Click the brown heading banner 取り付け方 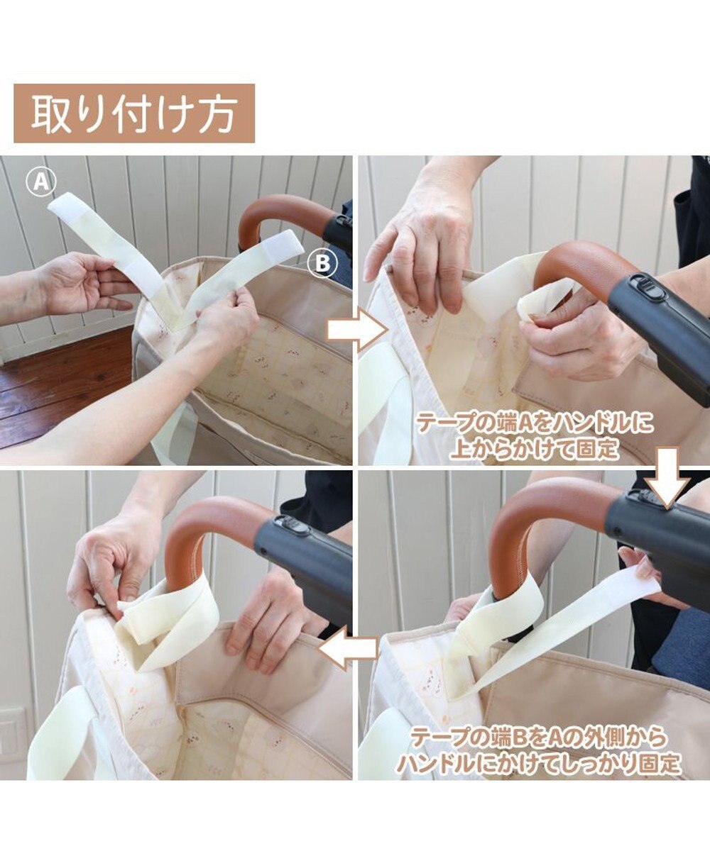click(134, 113)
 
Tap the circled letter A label click(40, 182)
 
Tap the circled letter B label click(322, 264)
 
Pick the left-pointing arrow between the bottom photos click(348, 648)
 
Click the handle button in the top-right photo click(645, 283)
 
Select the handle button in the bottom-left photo click(295, 525)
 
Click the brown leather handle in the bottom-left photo click(196, 542)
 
